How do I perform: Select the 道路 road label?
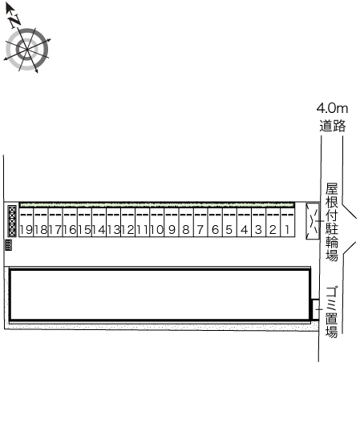[x=333, y=125]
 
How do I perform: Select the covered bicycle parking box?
[x=313, y=221]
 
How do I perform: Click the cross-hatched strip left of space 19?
[x=12, y=221]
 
